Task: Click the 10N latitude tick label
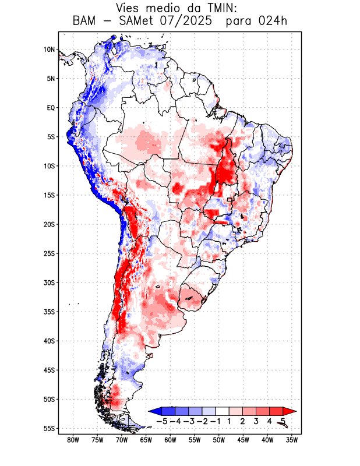(49, 50)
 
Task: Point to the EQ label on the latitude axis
(50, 108)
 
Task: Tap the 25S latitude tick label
(49, 253)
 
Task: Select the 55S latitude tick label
(49, 429)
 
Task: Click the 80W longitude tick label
(73, 440)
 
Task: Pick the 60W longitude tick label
(170, 440)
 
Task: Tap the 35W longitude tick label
(292, 440)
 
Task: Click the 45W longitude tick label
(243, 440)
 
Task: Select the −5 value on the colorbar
(161, 421)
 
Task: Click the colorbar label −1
(215, 421)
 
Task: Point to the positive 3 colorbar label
(256, 421)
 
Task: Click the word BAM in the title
(84, 22)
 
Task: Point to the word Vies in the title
(129, 8)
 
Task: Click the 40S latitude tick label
(49, 341)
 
